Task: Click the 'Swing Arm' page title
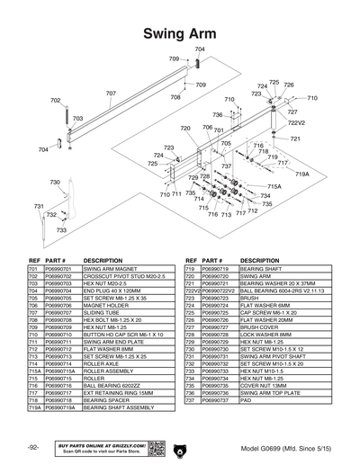(180, 33)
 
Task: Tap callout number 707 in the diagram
(111, 94)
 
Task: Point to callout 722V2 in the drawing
(296, 121)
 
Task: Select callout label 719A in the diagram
(301, 174)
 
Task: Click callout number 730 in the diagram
(55, 183)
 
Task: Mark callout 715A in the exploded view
(274, 186)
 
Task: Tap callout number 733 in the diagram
(61, 231)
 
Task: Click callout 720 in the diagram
(185, 129)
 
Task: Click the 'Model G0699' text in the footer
(262, 449)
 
